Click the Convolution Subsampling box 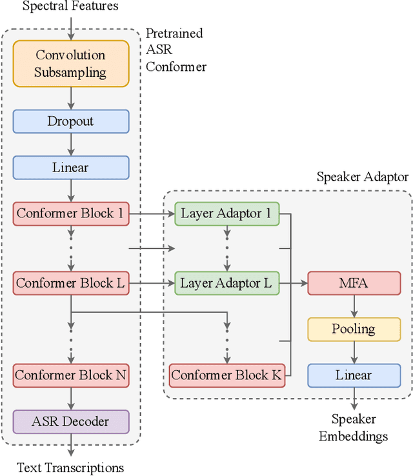(71, 64)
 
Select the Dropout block (71, 121)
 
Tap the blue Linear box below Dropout (71, 167)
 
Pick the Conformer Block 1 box (71, 213)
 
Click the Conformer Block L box (71, 283)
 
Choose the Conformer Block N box (71, 375)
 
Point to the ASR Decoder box (71, 422)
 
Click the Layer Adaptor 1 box (227, 213)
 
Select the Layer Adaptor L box (227, 283)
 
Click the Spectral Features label (70, 6)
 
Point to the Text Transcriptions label (70, 468)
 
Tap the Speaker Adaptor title (362, 177)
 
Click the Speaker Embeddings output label (353, 428)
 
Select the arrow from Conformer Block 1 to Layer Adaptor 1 (152, 213)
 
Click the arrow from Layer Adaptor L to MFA (294, 283)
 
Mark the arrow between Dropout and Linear (71, 144)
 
